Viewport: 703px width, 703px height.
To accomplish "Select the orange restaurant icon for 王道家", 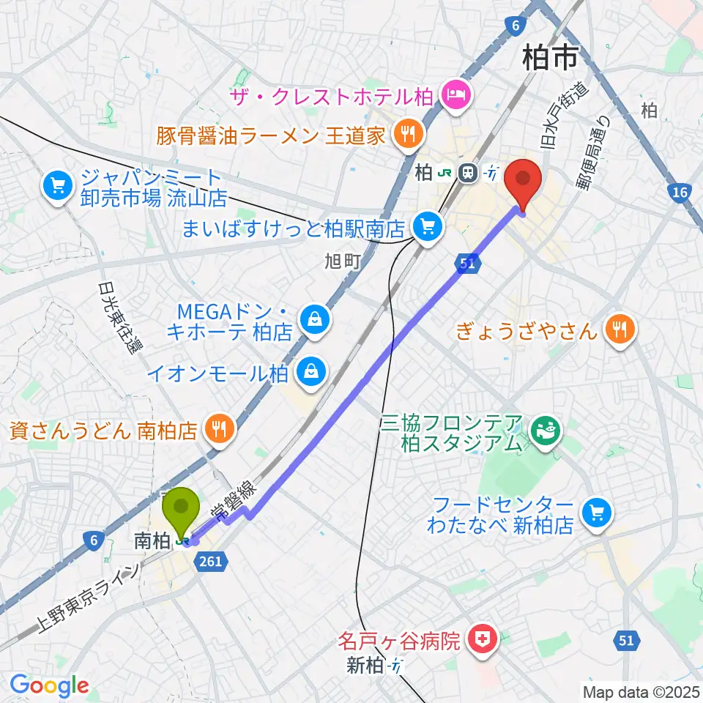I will (404, 133).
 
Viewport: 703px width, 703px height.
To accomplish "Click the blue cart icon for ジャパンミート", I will (56, 186).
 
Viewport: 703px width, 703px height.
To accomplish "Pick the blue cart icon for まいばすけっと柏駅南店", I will (427, 227).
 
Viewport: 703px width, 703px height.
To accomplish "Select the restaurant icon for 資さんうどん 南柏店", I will (218, 428).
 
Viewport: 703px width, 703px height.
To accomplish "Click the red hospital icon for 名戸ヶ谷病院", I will (486, 641).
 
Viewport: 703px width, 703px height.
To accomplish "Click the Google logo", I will (49, 685).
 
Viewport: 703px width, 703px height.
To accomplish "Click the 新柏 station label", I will (365, 666).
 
